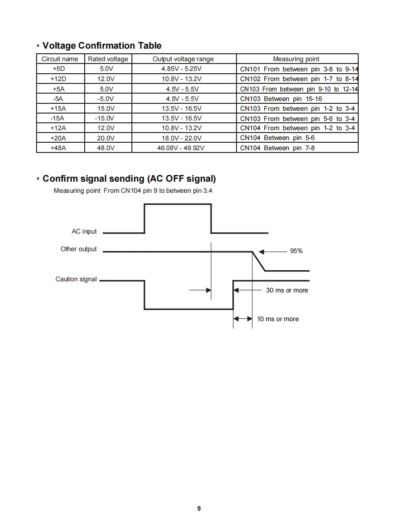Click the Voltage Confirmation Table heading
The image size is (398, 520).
[102, 45]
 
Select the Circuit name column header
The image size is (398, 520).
[60, 59]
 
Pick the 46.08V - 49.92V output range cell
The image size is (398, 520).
[183, 148]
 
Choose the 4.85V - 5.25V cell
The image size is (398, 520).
[183, 69]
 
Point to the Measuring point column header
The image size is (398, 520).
[296, 59]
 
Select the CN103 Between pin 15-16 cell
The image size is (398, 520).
[281, 99]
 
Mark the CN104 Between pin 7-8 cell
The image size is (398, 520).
[277, 148]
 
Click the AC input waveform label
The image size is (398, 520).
[84, 231]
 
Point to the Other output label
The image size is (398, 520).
[79, 249]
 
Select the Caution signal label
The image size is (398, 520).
[76, 279]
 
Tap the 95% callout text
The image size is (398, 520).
[296, 251]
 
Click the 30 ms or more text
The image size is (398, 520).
[287, 290]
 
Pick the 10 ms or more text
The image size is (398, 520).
[278, 319]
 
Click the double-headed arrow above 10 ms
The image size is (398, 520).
[243, 319]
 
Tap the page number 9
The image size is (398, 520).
[199, 508]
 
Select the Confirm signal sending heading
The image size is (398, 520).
[129, 178]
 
